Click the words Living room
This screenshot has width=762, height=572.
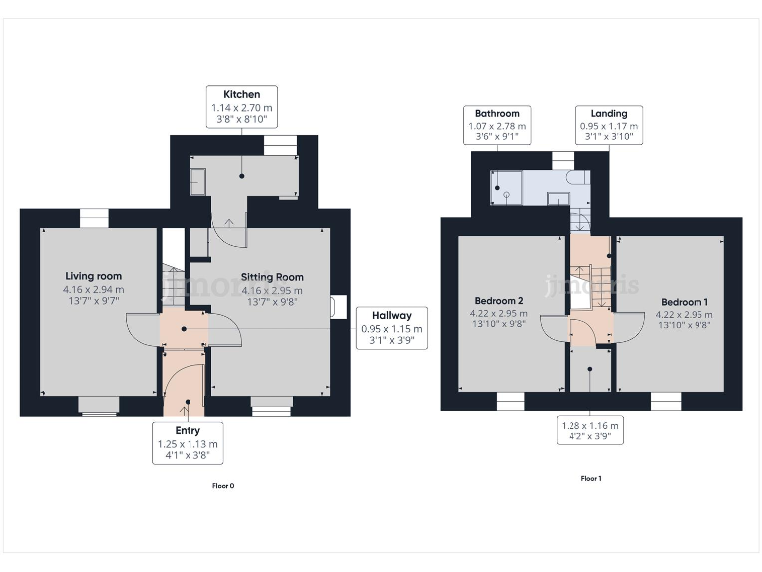pyautogui.click(x=94, y=276)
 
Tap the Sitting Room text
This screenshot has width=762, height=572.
pyautogui.click(x=272, y=277)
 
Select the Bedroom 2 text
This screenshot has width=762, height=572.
pyautogui.click(x=499, y=301)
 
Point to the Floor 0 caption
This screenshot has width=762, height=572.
pyautogui.click(x=223, y=486)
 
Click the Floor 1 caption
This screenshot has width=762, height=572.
pyautogui.click(x=591, y=478)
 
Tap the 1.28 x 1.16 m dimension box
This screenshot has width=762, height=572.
pyautogui.click(x=591, y=428)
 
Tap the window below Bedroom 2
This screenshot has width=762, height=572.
pyautogui.click(x=509, y=401)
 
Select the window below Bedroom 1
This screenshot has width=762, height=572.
pyautogui.click(x=665, y=401)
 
